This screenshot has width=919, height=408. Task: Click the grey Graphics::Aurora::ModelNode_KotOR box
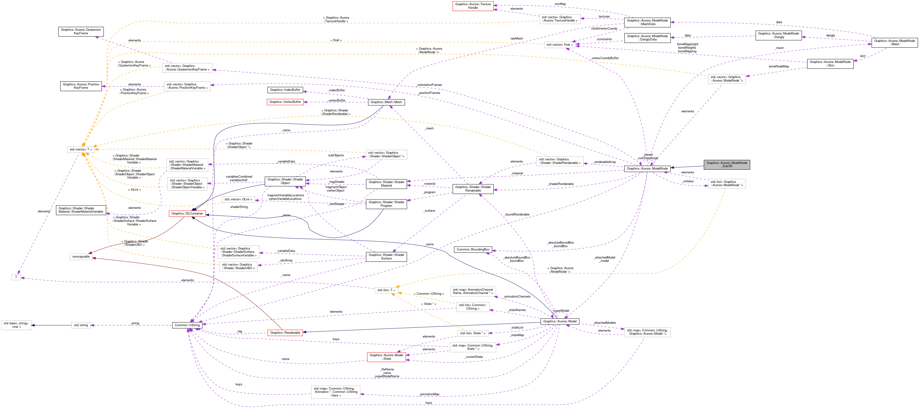coord(727,164)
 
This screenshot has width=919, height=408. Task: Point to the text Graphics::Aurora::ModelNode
coord(727,163)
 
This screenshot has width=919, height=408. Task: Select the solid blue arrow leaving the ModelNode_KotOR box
coord(687,167)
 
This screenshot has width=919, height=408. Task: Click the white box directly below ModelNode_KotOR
coord(727,184)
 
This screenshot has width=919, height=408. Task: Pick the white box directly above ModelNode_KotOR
coord(727,79)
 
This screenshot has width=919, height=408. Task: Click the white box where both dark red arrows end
coord(81,257)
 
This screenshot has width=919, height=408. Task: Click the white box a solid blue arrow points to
coord(16,325)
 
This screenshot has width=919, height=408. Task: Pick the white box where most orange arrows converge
coord(81,149)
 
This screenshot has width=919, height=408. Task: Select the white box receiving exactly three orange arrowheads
coord(386,290)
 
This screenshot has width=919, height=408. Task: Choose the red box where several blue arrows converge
coord(187,214)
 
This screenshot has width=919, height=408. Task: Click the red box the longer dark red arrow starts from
coord(285,333)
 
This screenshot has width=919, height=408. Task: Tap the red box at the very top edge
coord(473,6)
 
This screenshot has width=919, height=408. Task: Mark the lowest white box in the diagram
coord(335,392)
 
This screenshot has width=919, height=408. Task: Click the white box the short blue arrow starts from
coord(81,325)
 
